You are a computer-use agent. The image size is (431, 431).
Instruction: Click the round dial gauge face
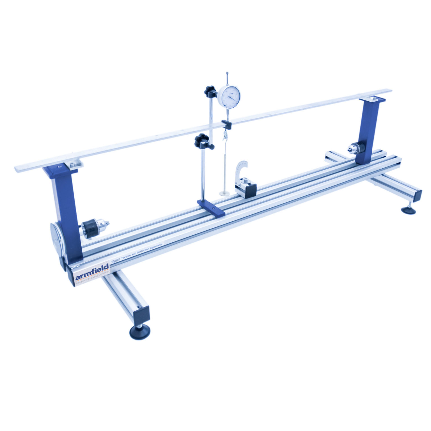[229, 97]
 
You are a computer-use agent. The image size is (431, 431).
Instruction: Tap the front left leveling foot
[139, 332]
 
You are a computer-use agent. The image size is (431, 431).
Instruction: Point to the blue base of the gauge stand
[211, 208]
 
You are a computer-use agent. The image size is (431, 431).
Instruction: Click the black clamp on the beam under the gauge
[226, 124]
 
